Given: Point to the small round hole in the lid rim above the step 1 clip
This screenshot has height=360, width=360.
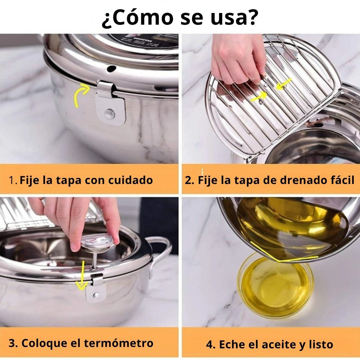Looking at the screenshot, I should click(111, 69).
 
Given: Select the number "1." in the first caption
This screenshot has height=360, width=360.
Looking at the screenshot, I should click(13, 181).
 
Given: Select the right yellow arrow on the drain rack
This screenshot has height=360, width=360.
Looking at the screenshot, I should click(284, 83).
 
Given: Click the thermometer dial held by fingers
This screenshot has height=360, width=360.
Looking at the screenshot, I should click(97, 242).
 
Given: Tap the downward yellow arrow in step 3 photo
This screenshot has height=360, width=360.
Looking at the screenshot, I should click(82, 275).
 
